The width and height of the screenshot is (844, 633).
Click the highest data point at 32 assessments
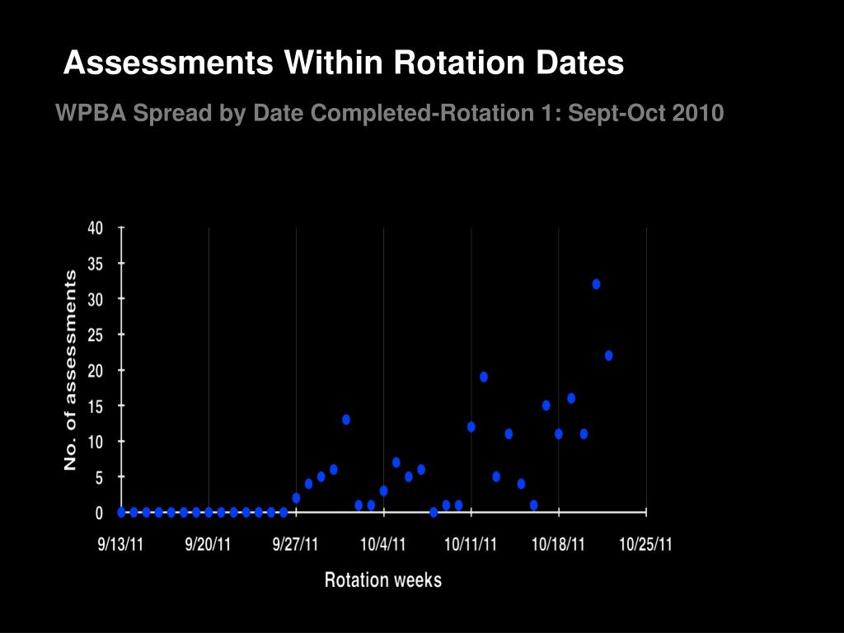[596, 284]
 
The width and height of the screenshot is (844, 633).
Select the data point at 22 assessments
[608, 355]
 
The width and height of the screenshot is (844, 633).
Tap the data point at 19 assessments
[484, 377]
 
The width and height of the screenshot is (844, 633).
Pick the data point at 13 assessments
[346, 420]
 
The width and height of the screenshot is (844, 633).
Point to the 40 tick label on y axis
[96, 228]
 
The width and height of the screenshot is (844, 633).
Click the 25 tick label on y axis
[96, 335]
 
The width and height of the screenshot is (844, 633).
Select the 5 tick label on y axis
[99, 477]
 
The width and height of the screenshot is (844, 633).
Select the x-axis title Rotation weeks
[383, 580]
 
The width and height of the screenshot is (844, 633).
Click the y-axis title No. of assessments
[71, 370]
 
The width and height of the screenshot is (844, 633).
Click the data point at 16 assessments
[571, 398]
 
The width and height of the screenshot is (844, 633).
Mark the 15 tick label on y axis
[96, 406]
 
